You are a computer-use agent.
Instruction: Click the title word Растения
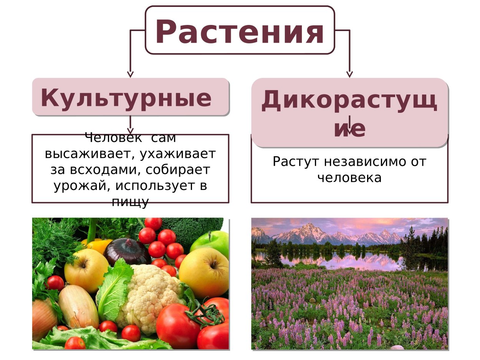point(240,31)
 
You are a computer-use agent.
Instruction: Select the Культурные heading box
point(131,97)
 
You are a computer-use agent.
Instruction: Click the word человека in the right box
point(349,178)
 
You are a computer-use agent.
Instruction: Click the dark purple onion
point(127,251)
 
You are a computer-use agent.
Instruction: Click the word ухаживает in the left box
point(178,154)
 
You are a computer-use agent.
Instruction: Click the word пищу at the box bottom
point(130,201)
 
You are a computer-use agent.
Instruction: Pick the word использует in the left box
point(156,186)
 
